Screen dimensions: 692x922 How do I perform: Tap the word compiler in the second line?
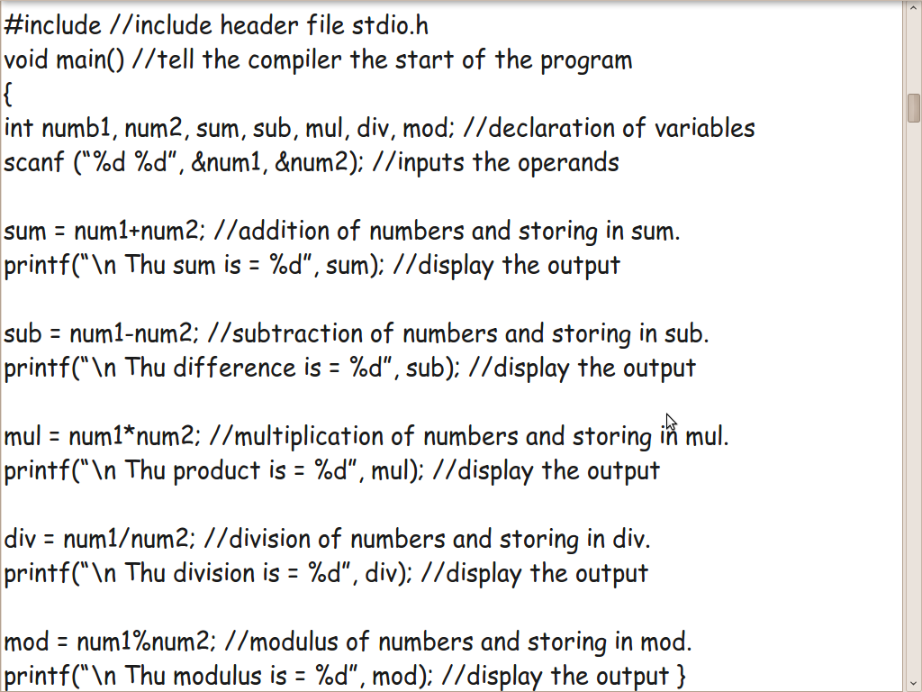[296, 60]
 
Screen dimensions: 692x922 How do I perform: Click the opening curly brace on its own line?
[8, 94]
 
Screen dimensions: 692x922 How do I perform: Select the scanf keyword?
[33, 162]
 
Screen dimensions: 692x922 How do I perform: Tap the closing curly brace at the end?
[682, 676]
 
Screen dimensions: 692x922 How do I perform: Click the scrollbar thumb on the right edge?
[913, 108]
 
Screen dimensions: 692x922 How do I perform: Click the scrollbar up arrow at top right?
[913, 9]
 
